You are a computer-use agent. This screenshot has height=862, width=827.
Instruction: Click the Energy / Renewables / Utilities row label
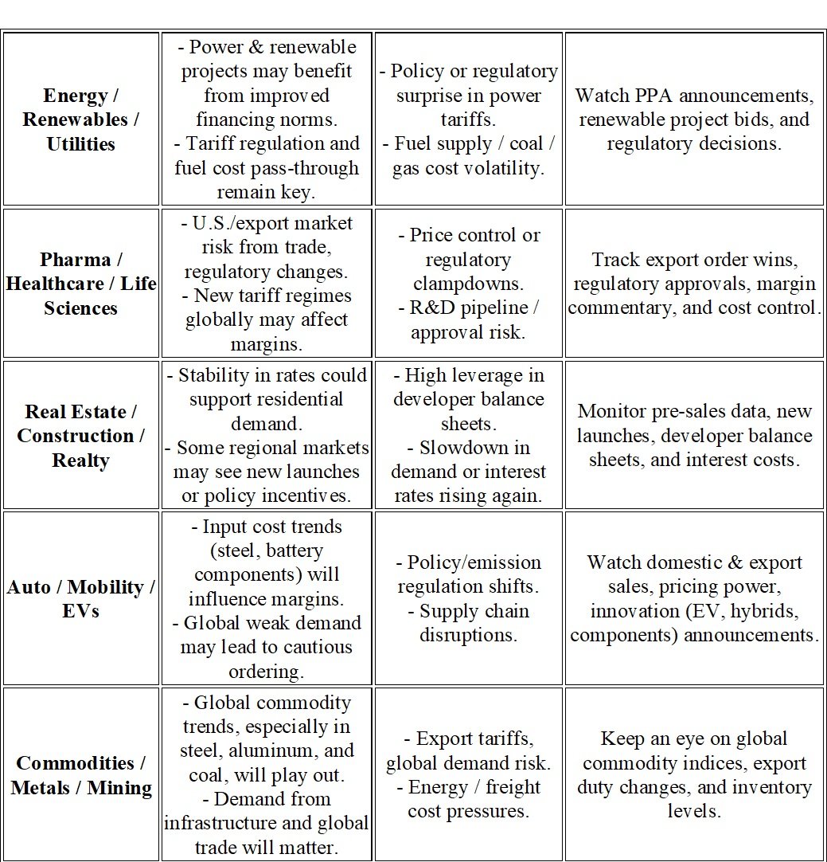(x=80, y=120)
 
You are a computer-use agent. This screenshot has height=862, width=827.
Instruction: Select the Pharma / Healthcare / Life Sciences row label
(x=80, y=284)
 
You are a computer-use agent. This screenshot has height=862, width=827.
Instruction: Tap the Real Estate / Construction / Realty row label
(x=80, y=436)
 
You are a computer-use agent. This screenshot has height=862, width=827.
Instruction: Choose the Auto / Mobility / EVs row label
(x=80, y=599)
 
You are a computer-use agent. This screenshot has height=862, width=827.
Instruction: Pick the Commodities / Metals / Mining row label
(x=80, y=775)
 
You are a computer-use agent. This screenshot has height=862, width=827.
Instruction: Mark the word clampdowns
(x=468, y=284)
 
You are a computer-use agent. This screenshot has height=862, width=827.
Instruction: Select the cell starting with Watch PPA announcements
(x=694, y=120)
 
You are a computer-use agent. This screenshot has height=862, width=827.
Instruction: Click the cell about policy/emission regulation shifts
(x=468, y=599)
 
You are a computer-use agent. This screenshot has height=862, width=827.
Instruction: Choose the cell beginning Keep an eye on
(x=694, y=775)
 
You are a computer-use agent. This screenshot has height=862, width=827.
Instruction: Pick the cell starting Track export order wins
(x=694, y=284)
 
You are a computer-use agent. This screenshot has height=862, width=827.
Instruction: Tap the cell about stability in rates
(x=267, y=436)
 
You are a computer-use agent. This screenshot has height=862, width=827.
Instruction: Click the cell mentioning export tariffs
(x=468, y=775)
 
